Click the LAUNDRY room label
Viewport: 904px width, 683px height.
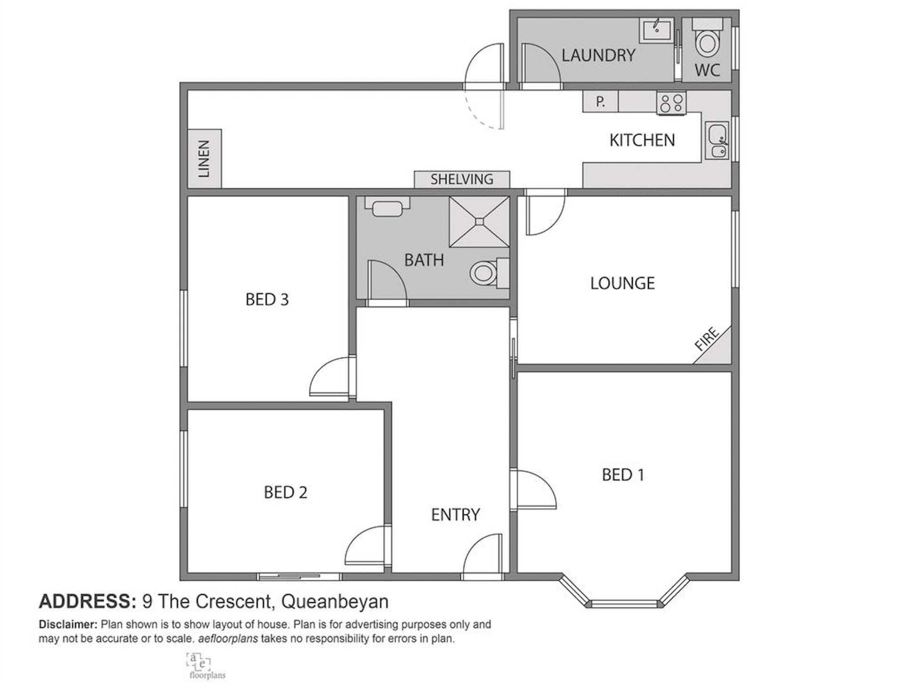(598, 56)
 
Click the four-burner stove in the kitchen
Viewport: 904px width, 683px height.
(671, 103)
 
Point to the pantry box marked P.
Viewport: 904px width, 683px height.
(600, 102)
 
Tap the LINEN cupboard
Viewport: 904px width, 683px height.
(204, 158)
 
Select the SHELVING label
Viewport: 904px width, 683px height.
(461, 179)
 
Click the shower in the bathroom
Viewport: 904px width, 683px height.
(479, 221)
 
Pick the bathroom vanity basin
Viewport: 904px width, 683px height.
(387, 207)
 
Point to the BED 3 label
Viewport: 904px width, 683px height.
(266, 299)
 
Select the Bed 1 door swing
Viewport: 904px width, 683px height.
(534, 490)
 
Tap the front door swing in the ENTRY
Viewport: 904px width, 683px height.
(483, 556)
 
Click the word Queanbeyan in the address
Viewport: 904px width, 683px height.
(334, 602)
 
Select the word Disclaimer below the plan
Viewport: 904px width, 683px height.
(67, 625)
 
